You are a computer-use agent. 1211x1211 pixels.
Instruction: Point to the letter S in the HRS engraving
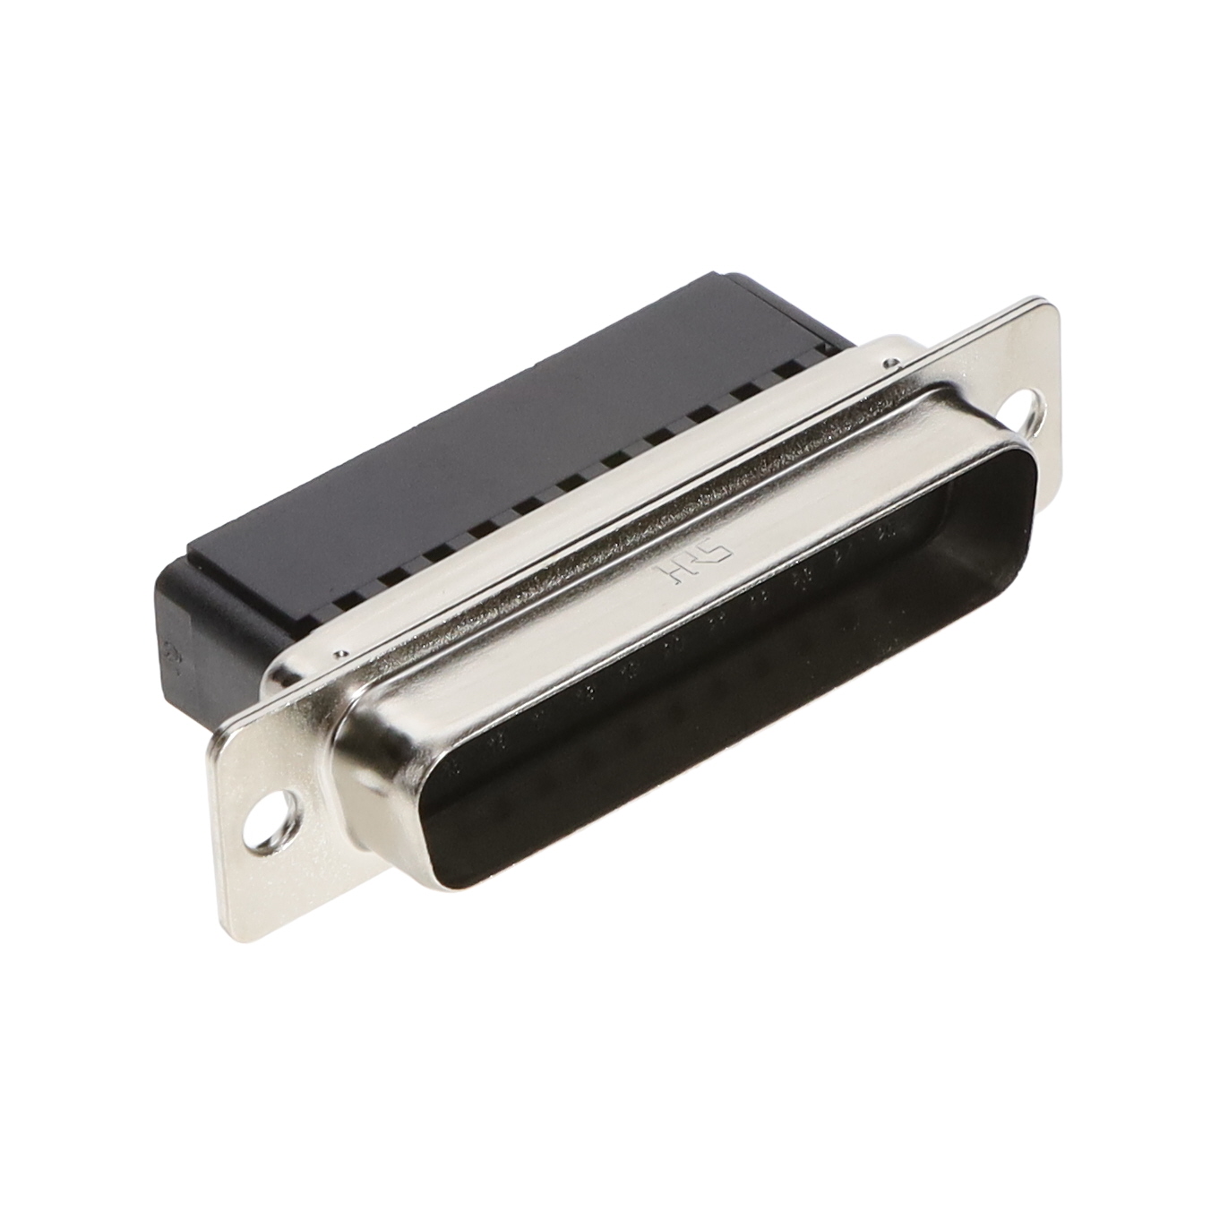(x=721, y=556)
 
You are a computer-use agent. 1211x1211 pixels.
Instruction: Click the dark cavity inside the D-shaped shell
(x=717, y=681)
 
